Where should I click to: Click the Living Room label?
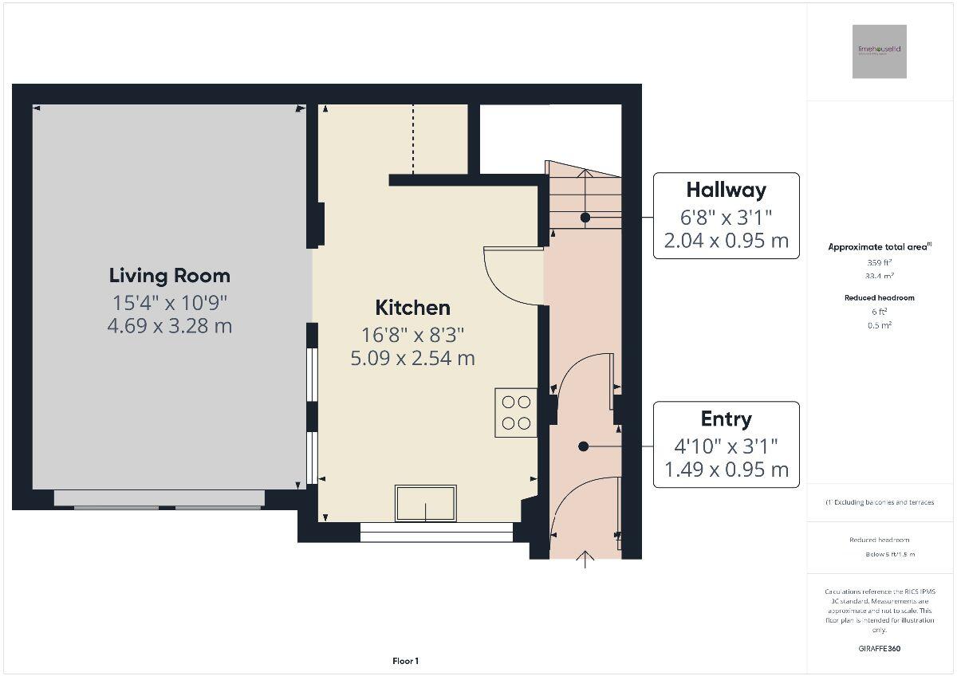(x=169, y=276)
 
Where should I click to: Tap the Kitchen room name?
(x=412, y=308)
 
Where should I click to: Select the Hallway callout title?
(x=726, y=190)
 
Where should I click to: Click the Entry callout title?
(x=726, y=419)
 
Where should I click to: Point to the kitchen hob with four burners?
(x=516, y=412)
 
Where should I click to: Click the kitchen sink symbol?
(x=426, y=503)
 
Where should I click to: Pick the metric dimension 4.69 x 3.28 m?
(x=169, y=325)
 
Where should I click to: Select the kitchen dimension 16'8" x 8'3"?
(x=412, y=334)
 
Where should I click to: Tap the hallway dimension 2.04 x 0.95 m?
(x=726, y=241)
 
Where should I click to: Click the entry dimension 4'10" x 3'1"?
(x=726, y=446)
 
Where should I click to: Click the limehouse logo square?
(x=879, y=51)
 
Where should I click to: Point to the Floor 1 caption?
(x=405, y=661)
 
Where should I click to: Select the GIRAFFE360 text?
(x=879, y=649)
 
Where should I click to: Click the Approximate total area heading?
(x=879, y=247)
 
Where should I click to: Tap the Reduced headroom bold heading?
(x=879, y=297)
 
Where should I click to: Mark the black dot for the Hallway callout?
(x=585, y=217)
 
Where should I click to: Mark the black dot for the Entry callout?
(x=584, y=446)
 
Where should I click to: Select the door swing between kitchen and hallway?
(x=510, y=275)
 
